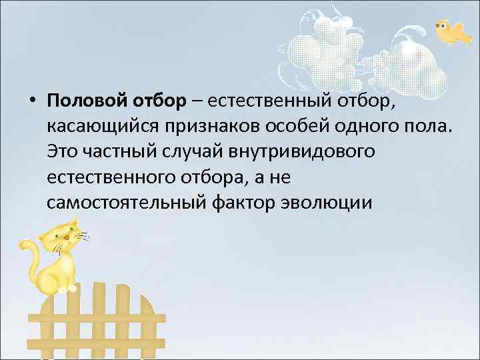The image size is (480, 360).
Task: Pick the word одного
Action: coord(358,127)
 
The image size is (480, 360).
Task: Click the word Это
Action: coord(63,152)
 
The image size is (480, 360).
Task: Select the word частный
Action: coord(117,152)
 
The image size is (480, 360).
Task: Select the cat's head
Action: coord(59,237)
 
